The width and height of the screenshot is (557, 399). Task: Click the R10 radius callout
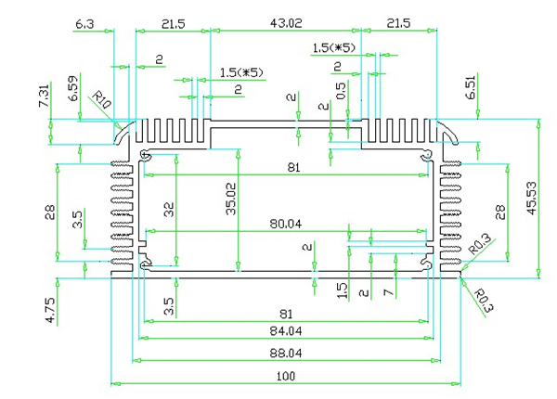[100, 98]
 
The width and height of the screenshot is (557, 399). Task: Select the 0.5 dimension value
[343, 92]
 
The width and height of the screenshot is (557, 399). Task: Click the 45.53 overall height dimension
[530, 198]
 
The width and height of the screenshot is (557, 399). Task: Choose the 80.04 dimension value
[287, 224]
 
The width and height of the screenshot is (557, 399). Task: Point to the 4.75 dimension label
[50, 308]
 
